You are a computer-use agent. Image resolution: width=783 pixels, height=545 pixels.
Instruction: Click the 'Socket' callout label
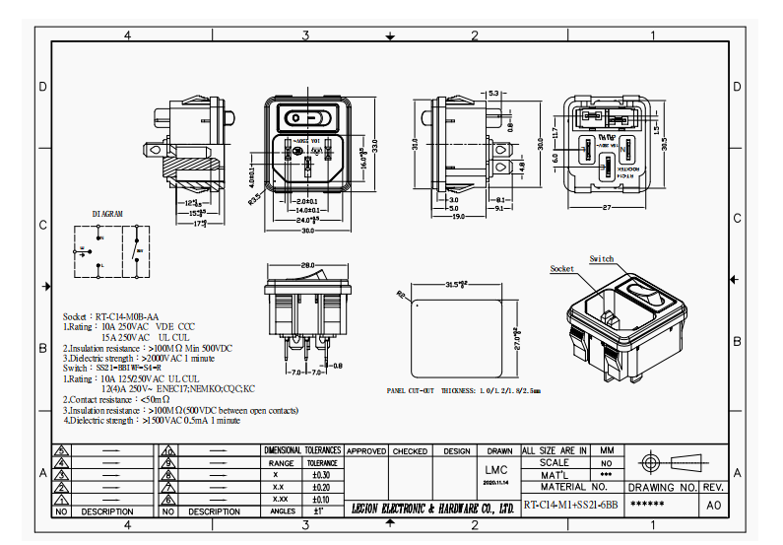[562, 269]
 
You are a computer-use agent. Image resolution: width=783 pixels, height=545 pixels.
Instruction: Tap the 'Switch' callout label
[602, 259]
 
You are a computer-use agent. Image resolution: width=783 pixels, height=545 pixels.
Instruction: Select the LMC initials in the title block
[496, 470]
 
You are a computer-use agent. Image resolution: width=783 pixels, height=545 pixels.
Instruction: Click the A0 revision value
[714, 506]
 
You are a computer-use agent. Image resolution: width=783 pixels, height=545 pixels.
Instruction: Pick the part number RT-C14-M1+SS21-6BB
[570, 506]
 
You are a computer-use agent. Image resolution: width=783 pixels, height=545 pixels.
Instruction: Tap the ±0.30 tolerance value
[321, 475]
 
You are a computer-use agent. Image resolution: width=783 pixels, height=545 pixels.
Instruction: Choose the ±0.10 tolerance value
[321, 499]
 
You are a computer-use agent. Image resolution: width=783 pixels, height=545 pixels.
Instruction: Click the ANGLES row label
[282, 511]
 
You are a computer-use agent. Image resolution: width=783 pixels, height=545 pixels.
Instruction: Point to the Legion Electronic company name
[433, 509]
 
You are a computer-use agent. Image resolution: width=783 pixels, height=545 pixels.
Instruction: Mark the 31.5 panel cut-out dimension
[456, 286]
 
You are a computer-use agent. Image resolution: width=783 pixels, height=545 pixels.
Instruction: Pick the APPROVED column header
[366, 450]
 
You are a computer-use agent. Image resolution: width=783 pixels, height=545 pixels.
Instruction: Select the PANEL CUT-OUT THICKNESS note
[464, 390]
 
